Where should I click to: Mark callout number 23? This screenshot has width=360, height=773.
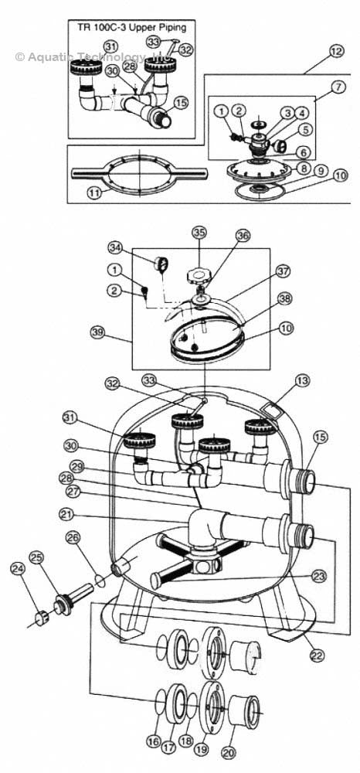pos(318,576)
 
